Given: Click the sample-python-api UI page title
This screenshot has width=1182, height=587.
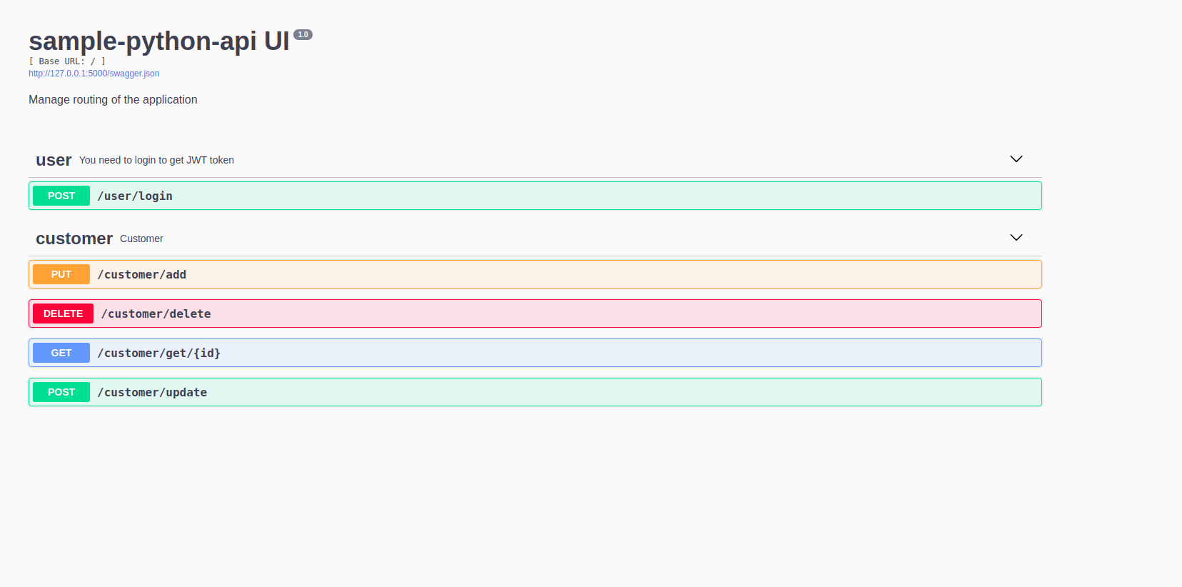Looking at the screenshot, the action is pos(158,41).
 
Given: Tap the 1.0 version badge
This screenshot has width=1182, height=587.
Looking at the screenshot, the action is pos(303,34).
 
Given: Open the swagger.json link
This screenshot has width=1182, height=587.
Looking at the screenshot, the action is pos(94,74).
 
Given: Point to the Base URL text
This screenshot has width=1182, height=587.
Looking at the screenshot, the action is pos(67,61).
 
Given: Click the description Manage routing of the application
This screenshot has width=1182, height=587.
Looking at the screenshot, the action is pos(113,100).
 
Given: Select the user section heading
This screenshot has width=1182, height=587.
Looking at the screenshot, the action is pos(54,160).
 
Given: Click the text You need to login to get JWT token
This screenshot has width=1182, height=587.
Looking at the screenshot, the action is pos(156,160).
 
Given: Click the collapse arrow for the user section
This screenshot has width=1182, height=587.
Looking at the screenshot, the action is pos(1016,159).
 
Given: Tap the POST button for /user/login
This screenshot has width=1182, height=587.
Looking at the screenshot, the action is pos(61,196).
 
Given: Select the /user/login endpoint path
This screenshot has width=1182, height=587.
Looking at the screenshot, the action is pos(135,196).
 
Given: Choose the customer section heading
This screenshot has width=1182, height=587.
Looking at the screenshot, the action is pos(74,239).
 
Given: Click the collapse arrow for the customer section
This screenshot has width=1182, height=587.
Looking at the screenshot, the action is pos(1016,237).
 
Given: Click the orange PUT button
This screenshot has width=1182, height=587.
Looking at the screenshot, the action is pos(61,274).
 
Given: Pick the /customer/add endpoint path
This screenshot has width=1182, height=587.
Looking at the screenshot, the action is pos(141,274).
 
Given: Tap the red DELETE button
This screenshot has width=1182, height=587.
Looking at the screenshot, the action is pos(63,313).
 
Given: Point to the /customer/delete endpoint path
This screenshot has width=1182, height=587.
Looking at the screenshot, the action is pos(156,313).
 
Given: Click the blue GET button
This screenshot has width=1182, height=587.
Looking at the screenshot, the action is pos(61,353).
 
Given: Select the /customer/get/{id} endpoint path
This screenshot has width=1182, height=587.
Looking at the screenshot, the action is pos(158,353).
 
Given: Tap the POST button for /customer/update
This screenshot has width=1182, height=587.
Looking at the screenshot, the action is pos(61,392).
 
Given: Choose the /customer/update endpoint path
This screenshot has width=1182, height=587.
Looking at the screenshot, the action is pos(152,392).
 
